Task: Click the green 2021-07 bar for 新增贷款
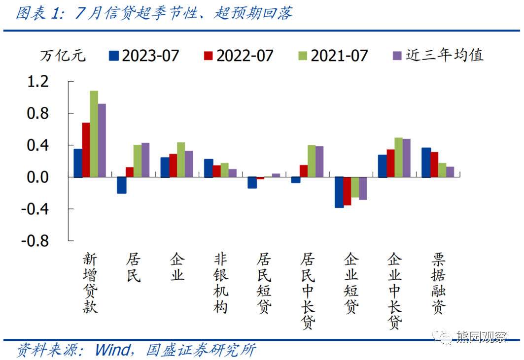coord(94,133)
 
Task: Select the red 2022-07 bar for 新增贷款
coord(86,150)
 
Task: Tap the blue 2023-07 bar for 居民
coord(121,185)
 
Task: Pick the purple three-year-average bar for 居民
coord(145,160)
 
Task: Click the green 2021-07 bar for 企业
coord(181,160)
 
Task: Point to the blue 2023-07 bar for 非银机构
coord(209,168)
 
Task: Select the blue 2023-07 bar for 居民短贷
coord(252,182)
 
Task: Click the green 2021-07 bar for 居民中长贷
coord(312,161)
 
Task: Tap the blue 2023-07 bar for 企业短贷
coord(339,192)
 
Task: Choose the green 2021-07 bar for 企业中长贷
coord(398,157)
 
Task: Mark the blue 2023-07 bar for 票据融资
coord(426,163)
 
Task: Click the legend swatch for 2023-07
coord(114,56)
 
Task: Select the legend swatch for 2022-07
coord(208,56)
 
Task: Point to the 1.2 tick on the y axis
coord(38,81)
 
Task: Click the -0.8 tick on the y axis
coord(35,241)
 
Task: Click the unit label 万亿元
coord(63,56)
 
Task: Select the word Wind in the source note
coord(112,350)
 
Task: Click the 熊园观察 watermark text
coord(482,337)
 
